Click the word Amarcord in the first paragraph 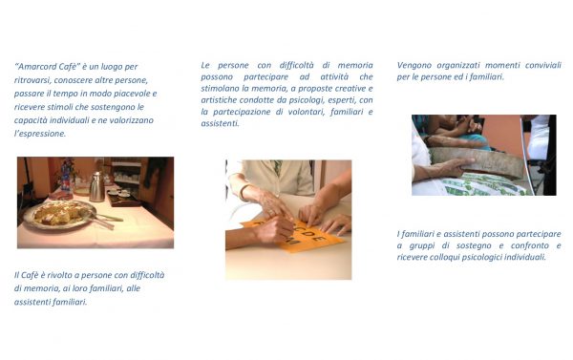37,67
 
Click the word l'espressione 40,134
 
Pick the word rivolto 60,275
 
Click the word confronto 530,245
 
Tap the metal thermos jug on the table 96,186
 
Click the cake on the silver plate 59,213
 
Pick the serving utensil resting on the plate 103,220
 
